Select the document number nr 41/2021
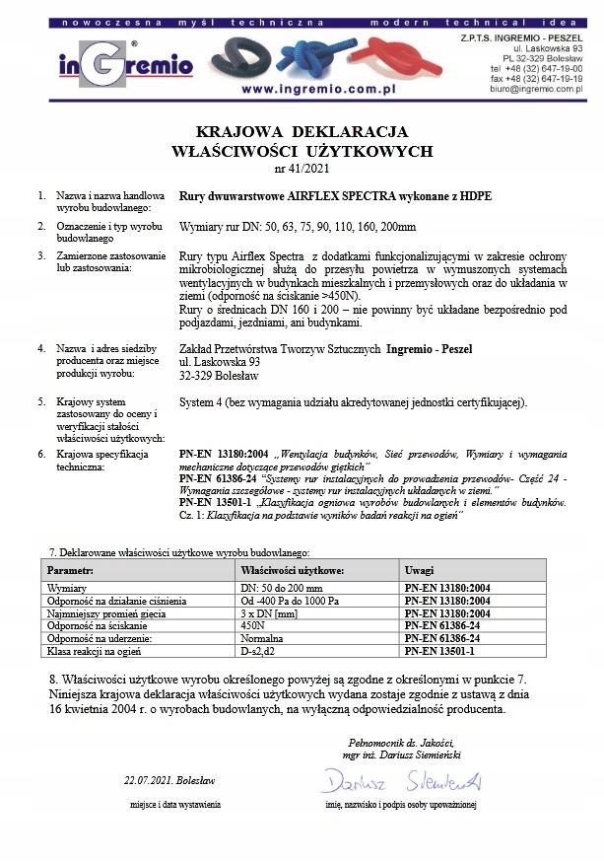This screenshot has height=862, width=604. (x=302, y=169)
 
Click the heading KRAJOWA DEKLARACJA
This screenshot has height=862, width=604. (x=302, y=131)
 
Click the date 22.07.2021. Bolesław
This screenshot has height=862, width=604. (x=169, y=779)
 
